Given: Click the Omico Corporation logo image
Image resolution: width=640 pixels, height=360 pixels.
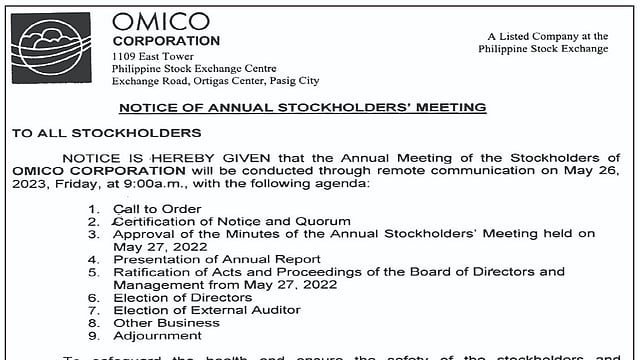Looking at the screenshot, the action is (50, 48).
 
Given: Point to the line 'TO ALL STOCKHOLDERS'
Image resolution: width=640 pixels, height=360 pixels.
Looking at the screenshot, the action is (106, 132).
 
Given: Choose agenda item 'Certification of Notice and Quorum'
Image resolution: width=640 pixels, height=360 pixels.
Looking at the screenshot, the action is (231, 221).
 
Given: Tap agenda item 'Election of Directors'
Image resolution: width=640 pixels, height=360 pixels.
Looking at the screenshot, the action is (182, 297).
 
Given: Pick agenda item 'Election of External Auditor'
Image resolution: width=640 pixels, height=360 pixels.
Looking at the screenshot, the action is (206, 310).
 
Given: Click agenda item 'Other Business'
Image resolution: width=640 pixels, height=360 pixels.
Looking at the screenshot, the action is (165, 323).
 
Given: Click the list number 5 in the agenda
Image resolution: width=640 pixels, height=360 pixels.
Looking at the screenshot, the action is (93, 272).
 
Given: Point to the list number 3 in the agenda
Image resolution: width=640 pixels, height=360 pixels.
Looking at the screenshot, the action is (93, 234).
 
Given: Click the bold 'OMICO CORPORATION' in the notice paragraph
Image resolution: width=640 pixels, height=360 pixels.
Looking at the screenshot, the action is (85, 171).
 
